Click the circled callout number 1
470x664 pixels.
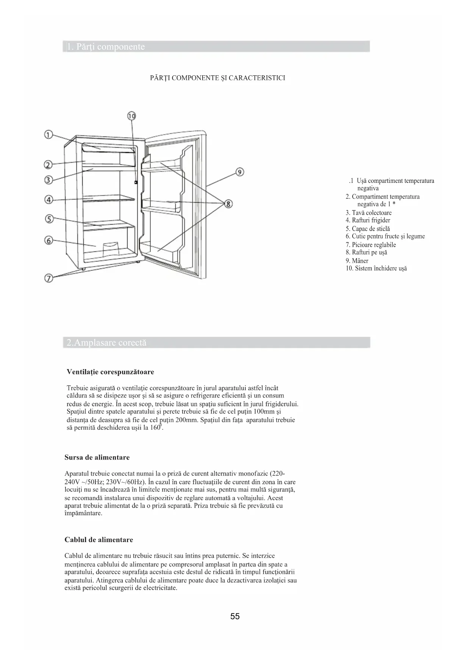click(x=48, y=134)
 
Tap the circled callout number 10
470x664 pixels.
click(x=131, y=116)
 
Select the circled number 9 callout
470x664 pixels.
click(x=239, y=172)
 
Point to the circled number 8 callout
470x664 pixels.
click(x=228, y=204)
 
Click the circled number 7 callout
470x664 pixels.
click(x=48, y=278)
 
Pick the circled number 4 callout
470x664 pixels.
click(x=48, y=199)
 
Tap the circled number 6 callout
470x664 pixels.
click(x=48, y=240)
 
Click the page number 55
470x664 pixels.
click(x=235, y=616)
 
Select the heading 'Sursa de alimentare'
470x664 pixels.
click(x=97, y=457)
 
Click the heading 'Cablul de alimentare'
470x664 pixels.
click(x=99, y=539)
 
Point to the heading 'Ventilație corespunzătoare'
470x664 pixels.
click(x=110, y=372)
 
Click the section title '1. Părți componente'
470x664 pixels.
click(x=106, y=47)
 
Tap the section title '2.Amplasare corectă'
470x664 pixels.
click(x=106, y=343)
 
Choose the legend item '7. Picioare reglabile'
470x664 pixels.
click(x=371, y=245)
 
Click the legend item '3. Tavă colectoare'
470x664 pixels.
click(x=369, y=213)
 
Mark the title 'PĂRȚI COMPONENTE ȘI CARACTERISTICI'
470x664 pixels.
click(x=218, y=78)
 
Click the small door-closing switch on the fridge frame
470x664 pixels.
click(x=136, y=182)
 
